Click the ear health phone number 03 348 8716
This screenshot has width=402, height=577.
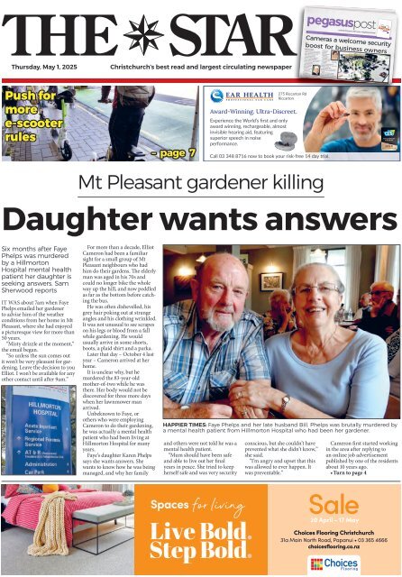[x=240, y=157]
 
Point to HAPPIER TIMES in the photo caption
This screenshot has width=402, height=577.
[x=185, y=422]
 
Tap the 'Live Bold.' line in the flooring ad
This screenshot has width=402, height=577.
[x=199, y=529]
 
